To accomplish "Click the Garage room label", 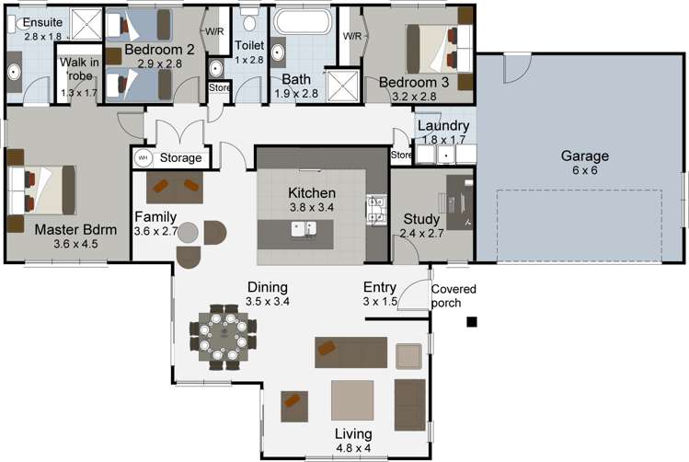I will coord(584,156).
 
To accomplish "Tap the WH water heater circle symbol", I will coord(144,158).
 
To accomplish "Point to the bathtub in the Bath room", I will coord(299,22).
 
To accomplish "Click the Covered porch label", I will coord(454,295).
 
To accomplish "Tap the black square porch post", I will coord(472,321).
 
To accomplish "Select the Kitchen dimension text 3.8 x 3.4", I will coord(312,208).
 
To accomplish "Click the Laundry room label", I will coord(442,126).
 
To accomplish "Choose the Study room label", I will coord(421,219).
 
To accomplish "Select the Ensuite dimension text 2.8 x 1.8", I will coord(42,36).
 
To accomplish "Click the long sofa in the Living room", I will coord(351,351).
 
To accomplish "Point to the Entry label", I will coord(379,286).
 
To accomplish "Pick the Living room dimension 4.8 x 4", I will coord(353,447).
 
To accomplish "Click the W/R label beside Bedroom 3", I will coord(352,37).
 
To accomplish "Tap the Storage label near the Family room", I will coord(180,158).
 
